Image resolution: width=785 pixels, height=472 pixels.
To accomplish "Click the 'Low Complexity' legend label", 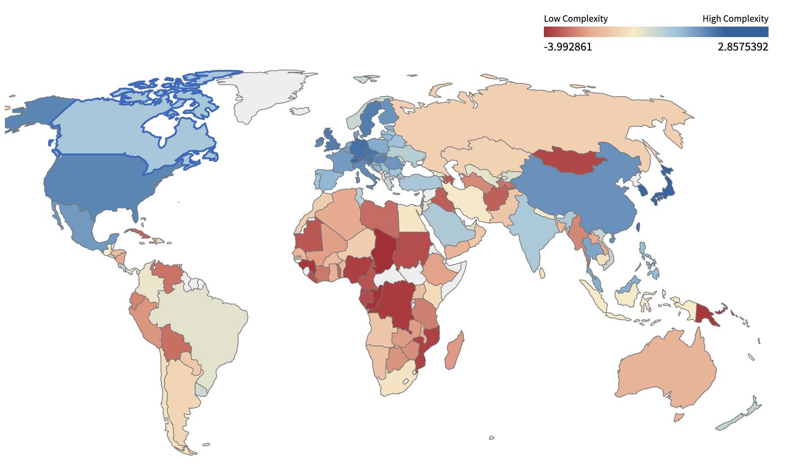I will [575, 19].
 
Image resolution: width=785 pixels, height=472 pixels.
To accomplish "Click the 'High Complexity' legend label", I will [735, 19].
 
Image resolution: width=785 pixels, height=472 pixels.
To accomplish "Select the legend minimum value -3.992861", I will [568, 47].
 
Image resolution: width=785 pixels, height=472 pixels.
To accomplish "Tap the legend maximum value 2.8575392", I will [743, 47].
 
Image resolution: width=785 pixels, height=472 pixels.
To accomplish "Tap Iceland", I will [300, 111].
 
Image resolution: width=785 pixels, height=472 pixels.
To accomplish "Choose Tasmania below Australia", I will [678, 417].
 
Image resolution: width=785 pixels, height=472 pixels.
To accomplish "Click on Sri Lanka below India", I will [542, 273].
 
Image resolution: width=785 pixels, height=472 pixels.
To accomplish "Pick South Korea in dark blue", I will [642, 189].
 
